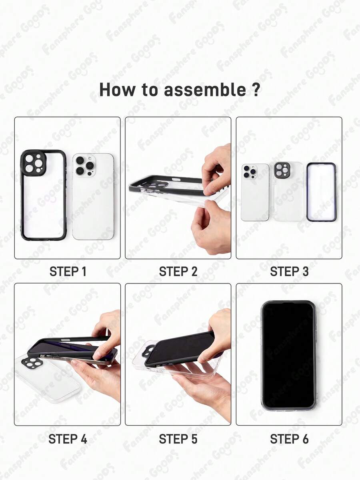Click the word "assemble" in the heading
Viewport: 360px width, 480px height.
[x=205, y=90]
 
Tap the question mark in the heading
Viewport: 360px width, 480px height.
[x=256, y=90]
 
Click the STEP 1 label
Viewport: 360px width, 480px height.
[x=68, y=271]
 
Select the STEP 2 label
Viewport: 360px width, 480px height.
[x=178, y=271]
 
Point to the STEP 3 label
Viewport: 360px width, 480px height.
[x=289, y=271]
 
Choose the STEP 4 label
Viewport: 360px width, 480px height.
[x=68, y=439]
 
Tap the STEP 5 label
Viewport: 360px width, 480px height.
[x=178, y=439]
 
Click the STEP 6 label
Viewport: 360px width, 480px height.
[x=289, y=439]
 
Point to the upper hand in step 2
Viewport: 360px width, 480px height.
[x=216, y=170]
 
